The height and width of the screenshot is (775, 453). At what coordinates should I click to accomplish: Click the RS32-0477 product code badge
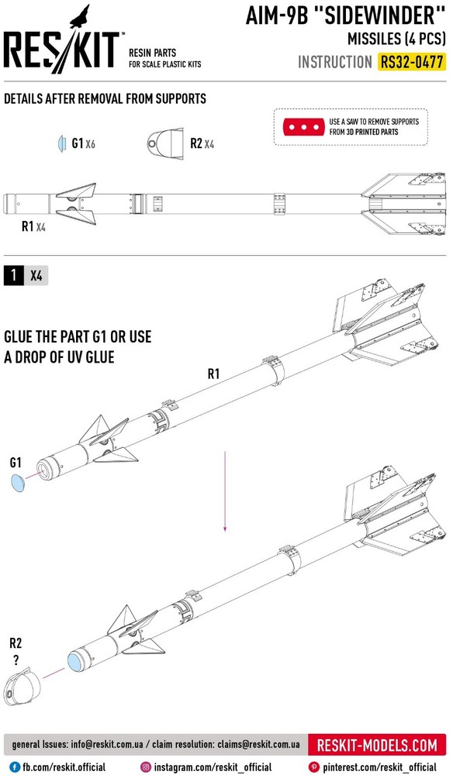412,62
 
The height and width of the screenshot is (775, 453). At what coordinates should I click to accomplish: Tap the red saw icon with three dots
303,127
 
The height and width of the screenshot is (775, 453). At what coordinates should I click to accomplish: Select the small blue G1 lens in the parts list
62,143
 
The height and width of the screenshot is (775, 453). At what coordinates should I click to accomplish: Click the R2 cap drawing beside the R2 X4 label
166,144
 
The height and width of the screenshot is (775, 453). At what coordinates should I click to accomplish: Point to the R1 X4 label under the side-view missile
33,226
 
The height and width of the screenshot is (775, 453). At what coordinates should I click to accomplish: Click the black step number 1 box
13,275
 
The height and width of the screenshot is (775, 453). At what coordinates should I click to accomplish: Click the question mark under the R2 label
16,660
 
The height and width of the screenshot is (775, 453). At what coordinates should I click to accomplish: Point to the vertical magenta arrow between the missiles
225,491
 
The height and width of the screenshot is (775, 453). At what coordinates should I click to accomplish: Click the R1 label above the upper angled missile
213,374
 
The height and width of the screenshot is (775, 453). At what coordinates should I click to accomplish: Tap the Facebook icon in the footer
16,766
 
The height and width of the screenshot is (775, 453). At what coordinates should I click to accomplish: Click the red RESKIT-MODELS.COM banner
377,745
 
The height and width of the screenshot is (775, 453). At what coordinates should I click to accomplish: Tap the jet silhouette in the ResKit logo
80,16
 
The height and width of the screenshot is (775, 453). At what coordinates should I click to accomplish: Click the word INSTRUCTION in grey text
335,62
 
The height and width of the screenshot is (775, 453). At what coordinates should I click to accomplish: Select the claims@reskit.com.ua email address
258,744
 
